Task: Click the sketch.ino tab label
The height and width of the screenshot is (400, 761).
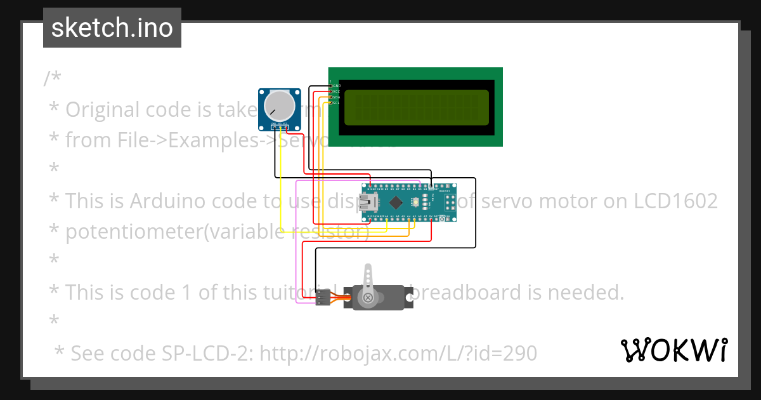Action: pos(112,29)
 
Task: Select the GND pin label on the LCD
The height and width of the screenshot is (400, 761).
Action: pos(336,85)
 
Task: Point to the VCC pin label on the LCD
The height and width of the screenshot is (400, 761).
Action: pos(336,91)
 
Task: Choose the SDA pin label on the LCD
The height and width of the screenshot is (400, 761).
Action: pos(336,97)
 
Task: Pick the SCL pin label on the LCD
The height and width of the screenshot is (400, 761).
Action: pos(336,103)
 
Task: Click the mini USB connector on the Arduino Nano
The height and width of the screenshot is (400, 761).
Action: pos(367,203)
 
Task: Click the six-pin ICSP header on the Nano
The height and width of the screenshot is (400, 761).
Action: pos(450,203)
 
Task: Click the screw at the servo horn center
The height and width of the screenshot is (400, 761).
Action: pos(367,298)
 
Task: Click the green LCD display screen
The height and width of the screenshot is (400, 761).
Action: pos(416,107)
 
